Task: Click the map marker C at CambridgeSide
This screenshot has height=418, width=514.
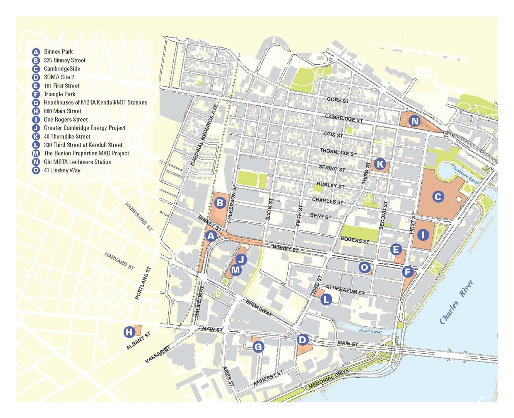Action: click(x=438, y=197)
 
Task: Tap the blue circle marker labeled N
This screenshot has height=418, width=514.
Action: click(x=415, y=121)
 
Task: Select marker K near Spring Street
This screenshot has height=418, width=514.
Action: click(x=380, y=164)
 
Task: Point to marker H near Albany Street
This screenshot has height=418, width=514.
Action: click(x=129, y=332)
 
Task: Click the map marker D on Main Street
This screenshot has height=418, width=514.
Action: click(x=302, y=340)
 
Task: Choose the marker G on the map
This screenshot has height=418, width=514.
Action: click(x=258, y=347)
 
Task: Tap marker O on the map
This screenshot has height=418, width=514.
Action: click(x=364, y=267)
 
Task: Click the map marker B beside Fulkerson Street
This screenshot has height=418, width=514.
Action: click(x=220, y=202)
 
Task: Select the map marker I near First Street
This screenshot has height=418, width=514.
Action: click(x=423, y=235)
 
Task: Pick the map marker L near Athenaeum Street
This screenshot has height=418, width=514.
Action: click(x=326, y=299)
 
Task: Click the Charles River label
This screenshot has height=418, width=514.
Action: click(x=456, y=302)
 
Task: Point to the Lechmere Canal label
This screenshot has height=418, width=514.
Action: click(x=466, y=175)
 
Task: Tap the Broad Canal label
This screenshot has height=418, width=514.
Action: click(x=370, y=331)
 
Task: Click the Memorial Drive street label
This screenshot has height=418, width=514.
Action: click(x=328, y=379)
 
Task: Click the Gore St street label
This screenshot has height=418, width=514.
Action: click(x=338, y=100)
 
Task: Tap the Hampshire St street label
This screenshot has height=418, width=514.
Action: click(x=139, y=217)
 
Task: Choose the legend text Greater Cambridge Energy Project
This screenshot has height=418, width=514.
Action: click(x=84, y=128)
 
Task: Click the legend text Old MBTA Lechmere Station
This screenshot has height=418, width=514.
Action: click(x=77, y=162)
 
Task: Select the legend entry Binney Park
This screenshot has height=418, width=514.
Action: click(x=58, y=51)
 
